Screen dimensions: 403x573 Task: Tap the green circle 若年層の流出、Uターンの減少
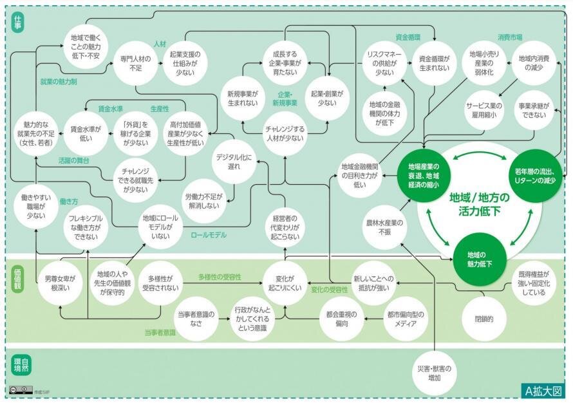click(x=536, y=173)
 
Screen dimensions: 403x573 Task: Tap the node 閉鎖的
click(x=484, y=317)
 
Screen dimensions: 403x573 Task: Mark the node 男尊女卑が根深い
click(x=60, y=284)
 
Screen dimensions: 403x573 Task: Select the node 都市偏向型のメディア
click(x=406, y=319)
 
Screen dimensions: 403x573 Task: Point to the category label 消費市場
click(x=509, y=37)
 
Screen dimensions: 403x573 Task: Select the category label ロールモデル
click(x=209, y=235)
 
